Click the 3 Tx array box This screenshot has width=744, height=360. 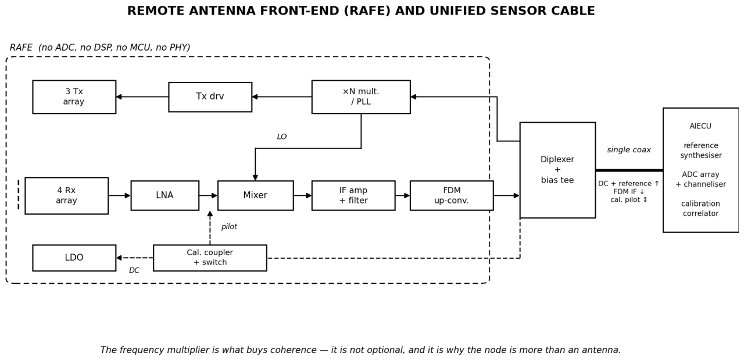74,97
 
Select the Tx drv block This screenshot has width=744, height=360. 210,97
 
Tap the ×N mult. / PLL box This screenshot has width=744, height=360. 361,97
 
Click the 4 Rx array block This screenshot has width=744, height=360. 66,195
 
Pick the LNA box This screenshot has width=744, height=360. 164,195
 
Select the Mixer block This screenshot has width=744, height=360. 255,195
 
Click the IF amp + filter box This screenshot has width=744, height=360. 353,195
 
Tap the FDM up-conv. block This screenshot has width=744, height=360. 452,195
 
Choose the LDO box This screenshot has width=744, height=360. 74,258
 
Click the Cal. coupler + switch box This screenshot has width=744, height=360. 210,258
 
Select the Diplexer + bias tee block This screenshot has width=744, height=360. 557,170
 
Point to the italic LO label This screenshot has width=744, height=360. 282,137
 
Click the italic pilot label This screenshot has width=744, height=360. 229,227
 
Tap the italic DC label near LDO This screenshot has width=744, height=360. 134,270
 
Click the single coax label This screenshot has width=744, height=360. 629,150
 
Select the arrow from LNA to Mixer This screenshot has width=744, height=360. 208,195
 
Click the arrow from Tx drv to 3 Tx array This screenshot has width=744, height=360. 142,97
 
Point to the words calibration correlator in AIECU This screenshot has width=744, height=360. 700,208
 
